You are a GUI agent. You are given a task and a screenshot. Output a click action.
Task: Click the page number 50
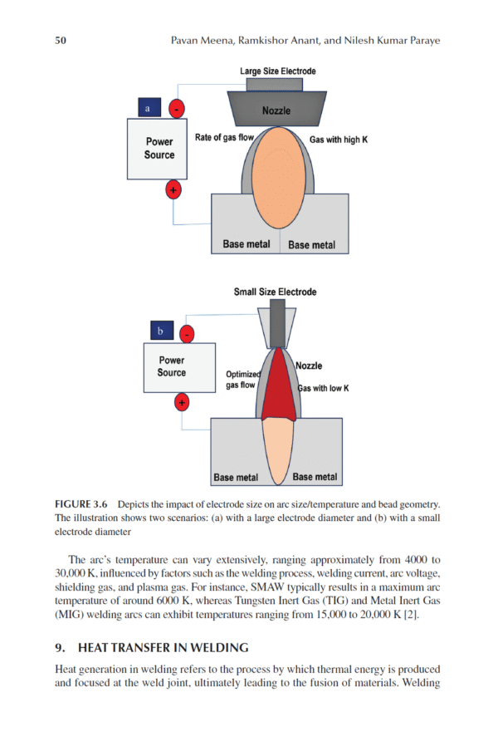[61, 40]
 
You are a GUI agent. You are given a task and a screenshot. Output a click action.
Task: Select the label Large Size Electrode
[278, 71]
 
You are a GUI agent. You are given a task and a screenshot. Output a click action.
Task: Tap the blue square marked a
[148, 108]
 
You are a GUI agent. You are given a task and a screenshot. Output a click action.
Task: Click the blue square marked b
[161, 331]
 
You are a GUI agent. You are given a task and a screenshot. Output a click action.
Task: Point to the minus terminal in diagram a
[176, 109]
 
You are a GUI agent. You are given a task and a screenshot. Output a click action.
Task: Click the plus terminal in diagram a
[173, 190]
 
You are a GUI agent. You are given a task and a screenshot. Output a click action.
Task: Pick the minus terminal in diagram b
[188, 334]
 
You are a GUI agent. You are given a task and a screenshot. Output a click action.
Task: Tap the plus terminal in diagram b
[182, 403]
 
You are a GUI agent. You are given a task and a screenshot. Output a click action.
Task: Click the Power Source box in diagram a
[159, 149]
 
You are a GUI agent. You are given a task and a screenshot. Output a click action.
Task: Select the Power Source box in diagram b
[172, 368]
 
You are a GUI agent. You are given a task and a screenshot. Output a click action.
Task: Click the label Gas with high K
[338, 140]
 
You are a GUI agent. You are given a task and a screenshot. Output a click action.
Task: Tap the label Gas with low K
[324, 388]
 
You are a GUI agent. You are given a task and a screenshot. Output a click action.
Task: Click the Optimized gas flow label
[242, 380]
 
